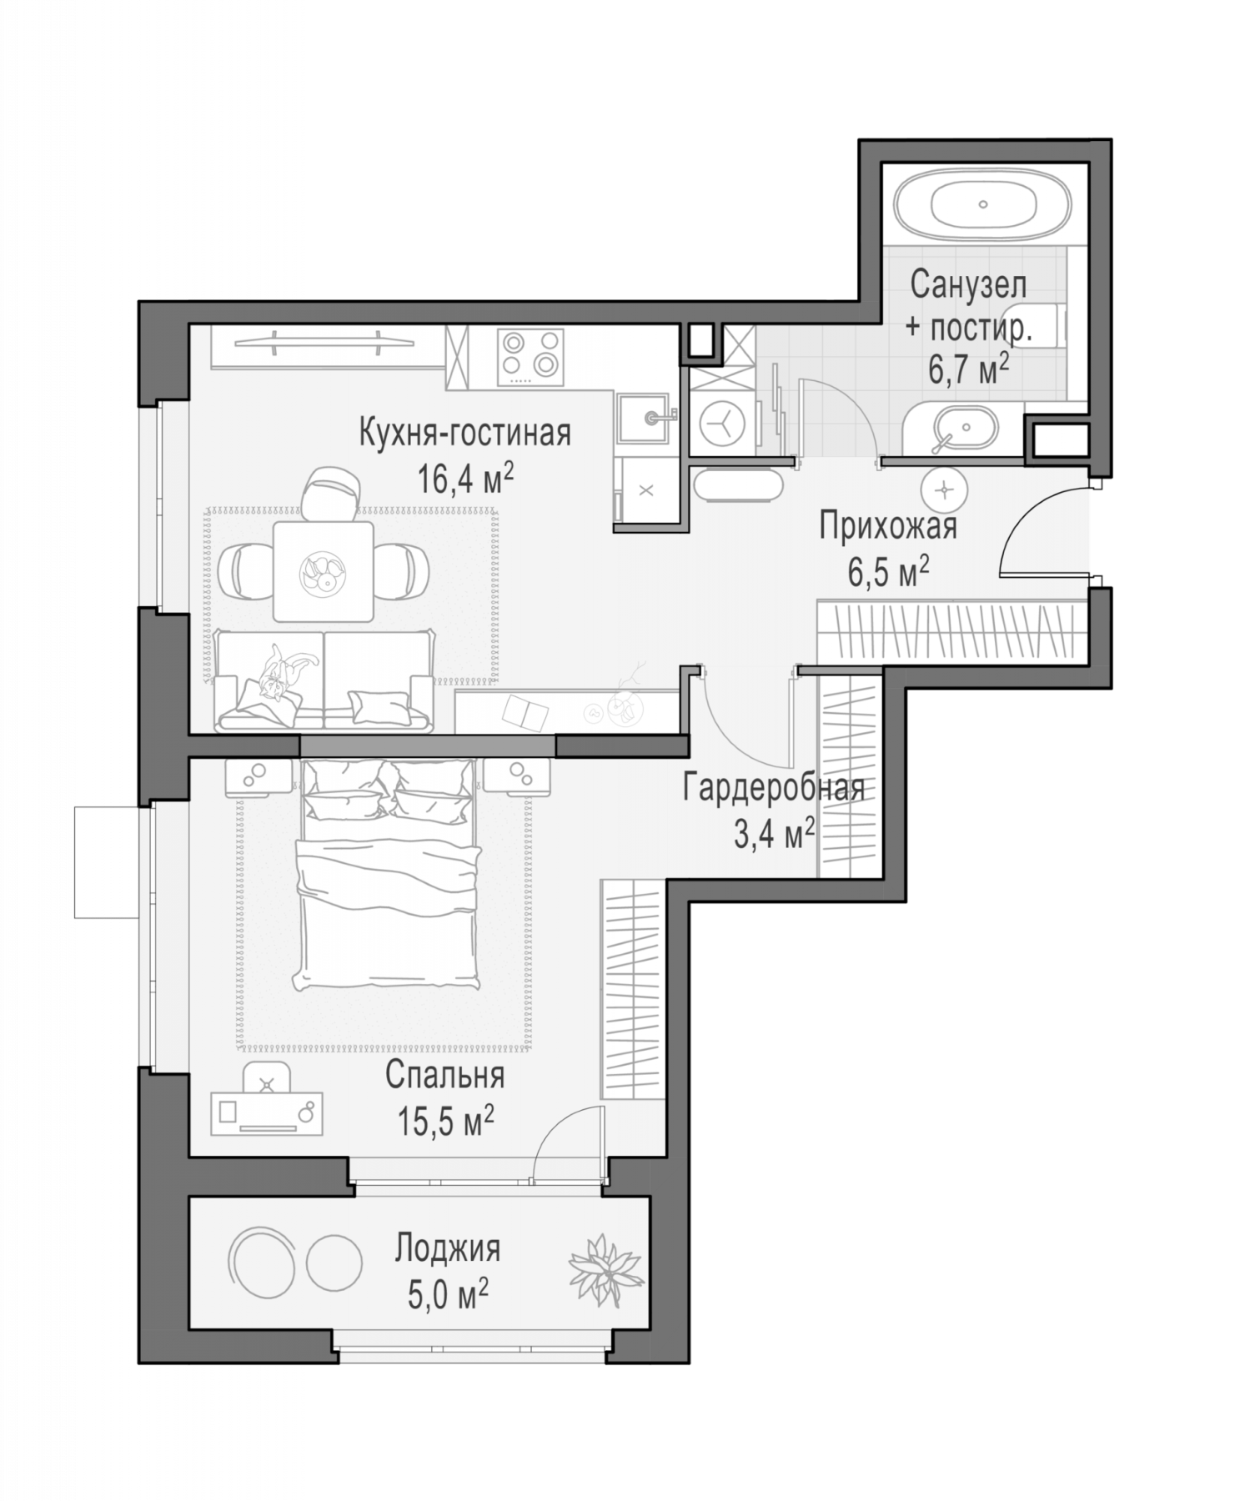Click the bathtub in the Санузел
click(x=983, y=204)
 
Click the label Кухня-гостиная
click(x=464, y=434)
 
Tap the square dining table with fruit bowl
click(x=324, y=571)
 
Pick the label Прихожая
click(x=887, y=527)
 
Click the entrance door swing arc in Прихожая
click(x=1038, y=534)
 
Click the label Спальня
click(x=444, y=1076)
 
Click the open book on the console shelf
click(x=525, y=711)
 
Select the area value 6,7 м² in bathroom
click(x=969, y=368)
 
